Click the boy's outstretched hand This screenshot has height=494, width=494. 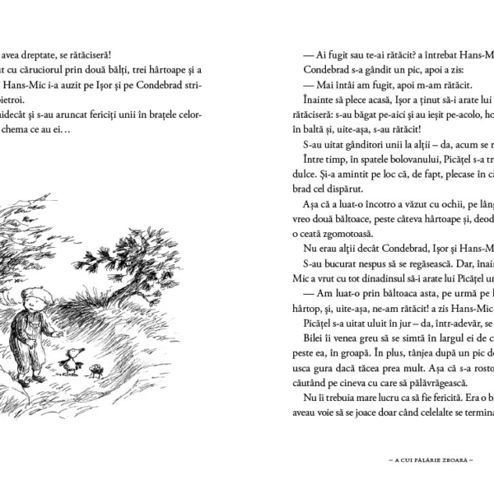pos(60,333)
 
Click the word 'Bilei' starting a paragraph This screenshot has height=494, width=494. pos(314,337)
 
